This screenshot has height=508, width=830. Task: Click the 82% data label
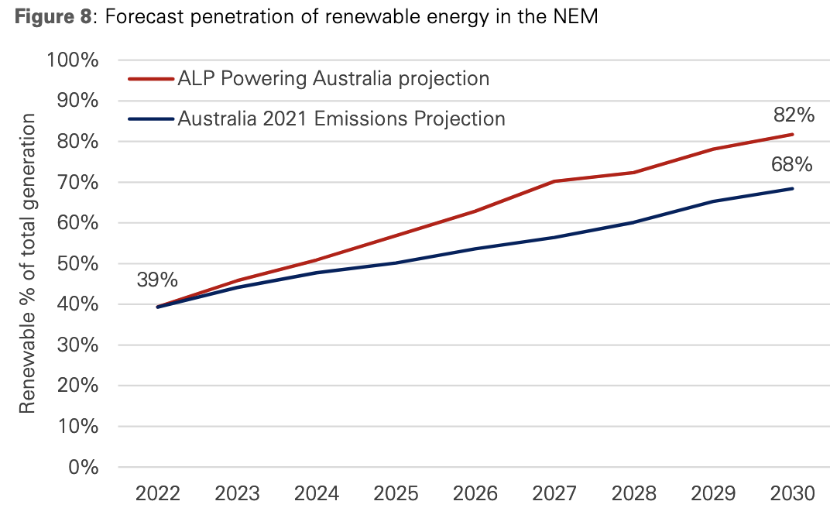click(794, 116)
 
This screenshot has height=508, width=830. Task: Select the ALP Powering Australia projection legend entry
click(333, 79)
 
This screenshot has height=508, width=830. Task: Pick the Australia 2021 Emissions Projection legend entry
click(341, 119)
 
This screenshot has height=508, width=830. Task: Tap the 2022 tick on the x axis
click(157, 493)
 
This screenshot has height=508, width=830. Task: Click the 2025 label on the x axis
click(396, 493)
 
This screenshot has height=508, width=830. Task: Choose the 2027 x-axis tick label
click(554, 493)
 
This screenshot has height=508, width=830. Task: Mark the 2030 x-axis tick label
click(792, 493)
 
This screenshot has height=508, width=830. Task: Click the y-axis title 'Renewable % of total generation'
click(29, 263)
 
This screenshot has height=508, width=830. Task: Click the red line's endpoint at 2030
click(792, 135)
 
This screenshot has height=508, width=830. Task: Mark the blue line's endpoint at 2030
click(792, 189)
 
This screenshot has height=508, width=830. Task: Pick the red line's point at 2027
click(554, 181)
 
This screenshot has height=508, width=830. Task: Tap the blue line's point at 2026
click(475, 249)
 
